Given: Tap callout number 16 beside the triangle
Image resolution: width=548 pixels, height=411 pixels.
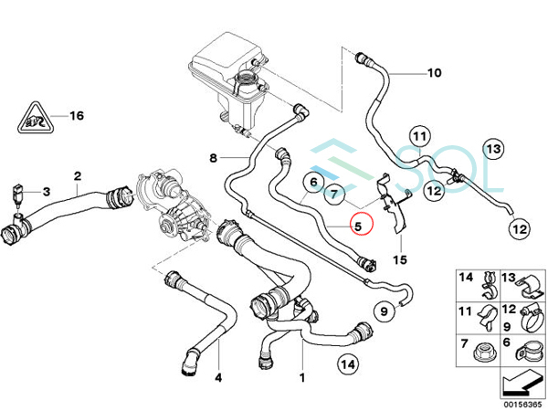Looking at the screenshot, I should coord(76,116).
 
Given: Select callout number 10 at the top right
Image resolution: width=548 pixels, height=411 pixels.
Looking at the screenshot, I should coord(433,72).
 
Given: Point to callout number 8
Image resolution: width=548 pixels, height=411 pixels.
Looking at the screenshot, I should coord(214,157).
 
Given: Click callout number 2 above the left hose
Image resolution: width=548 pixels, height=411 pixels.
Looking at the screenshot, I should coord(78,175).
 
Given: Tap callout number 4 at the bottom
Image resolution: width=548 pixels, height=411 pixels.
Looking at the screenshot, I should coord(218,376).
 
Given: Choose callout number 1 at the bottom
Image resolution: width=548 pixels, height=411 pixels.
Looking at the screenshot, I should coord(302,376).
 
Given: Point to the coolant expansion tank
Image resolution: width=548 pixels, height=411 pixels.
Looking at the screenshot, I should coord(226,60).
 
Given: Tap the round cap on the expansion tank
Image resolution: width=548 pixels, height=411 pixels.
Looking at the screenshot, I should coord(246,86).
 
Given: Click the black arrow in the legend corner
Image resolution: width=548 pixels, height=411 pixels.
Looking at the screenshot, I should coord(521,381).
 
